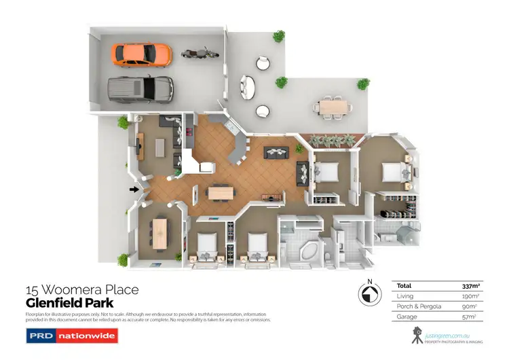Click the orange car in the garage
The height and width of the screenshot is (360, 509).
pos(141,54)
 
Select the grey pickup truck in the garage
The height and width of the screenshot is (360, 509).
pos(140,88)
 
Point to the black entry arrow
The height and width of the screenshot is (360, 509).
pos(134,190)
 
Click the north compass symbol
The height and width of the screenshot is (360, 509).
pos(367,294)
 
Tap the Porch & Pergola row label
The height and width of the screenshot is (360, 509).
pos(419,306)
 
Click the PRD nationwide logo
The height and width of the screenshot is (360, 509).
pos(72,336)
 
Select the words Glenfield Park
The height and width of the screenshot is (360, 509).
pos(69,303)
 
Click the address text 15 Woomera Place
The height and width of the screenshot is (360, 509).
pos(82,290)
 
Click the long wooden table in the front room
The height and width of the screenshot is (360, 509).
pos(160,232)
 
